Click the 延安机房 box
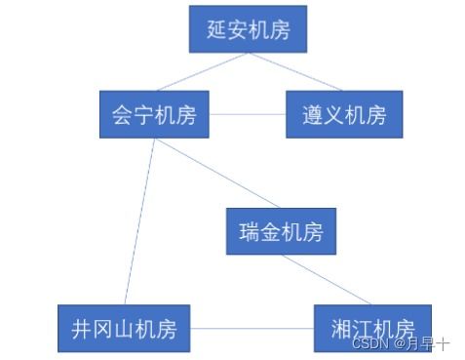(248, 29)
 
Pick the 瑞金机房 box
(281, 232)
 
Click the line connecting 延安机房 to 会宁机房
(195, 72)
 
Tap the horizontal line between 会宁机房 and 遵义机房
(248, 114)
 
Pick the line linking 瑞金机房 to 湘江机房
(327, 279)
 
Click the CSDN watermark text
(400, 343)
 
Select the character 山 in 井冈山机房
(123, 328)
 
